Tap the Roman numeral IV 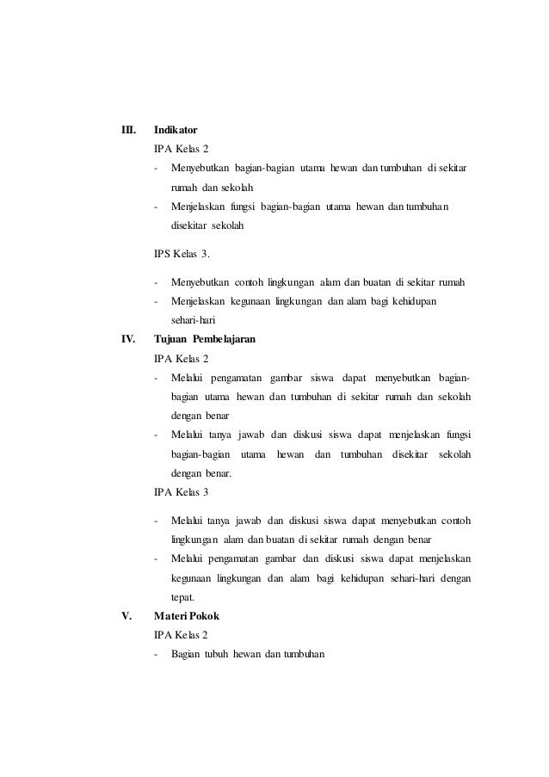[x=129, y=340]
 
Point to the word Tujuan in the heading [x=170, y=340]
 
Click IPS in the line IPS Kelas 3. [x=162, y=255]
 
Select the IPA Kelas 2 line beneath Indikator [x=181, y=148]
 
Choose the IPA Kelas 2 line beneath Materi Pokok [x=181, y=635]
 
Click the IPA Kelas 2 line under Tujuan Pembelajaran [x=181, y=357]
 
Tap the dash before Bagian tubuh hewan [x=156, y=655]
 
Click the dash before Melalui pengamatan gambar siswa [x=156, y=379]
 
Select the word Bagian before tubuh [x=185, y=655]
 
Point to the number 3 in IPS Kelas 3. [x=205, y=255]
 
